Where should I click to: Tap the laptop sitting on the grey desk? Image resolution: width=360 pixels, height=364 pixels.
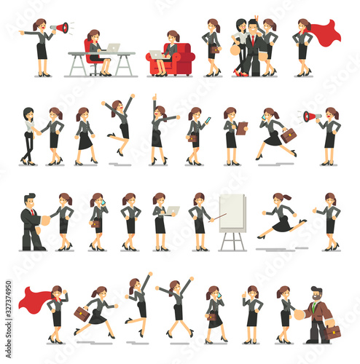point(113,48)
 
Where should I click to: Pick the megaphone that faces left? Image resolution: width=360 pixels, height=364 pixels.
point(310,116)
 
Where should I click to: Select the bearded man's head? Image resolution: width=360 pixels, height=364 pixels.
point(316,294)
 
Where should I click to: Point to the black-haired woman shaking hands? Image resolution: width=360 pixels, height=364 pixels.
point(28,135)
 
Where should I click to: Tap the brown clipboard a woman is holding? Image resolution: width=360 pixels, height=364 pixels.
point(242,128)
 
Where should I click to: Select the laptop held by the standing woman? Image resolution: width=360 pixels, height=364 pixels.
point(172,210)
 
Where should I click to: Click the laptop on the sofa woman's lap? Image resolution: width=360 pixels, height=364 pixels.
point(157,55)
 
